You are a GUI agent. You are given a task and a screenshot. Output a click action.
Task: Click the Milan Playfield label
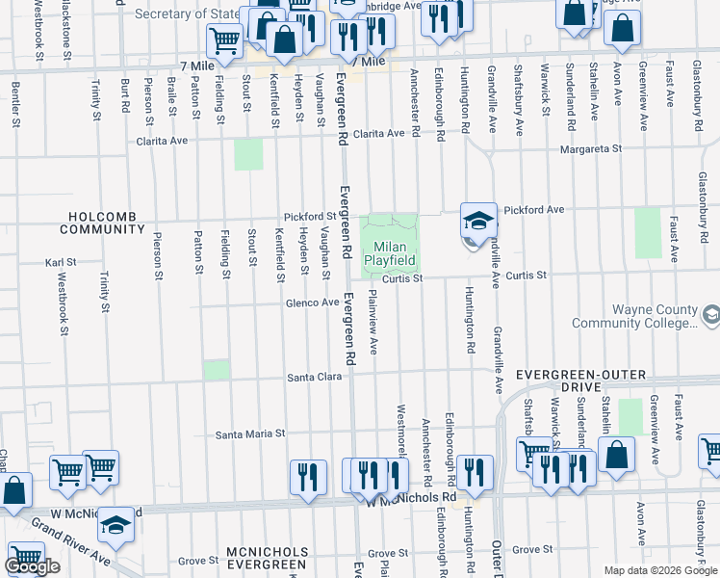pyautogui.click(x=390, y=253)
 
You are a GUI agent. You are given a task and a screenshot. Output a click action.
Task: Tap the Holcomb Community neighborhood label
pyautogui.click(x=101, y=223)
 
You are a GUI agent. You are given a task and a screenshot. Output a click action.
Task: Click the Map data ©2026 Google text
pyautogui.click(x=660, y=570)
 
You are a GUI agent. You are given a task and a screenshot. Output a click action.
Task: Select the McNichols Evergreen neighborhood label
pyautogui.click(x=268, y=559)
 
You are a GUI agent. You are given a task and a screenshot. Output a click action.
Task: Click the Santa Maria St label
pyautogui.click(x=250, y=433)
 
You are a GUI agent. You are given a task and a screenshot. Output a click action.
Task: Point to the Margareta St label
pyautogui.click(x=592, y=149)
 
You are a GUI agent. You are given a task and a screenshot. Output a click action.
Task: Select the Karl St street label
pyautogui.click(x=61, y=262)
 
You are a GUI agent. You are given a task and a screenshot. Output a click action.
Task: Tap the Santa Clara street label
pyautogui.click(x=314, y=378)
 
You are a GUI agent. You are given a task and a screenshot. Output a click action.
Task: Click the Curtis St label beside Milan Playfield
pyautogui.click(x=401, y=278)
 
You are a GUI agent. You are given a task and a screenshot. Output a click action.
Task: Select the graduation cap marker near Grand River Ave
pyautogui.click(x=116, y=525)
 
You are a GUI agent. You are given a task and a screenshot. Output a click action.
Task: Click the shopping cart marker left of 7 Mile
pyautogui.click(x=224, y=40)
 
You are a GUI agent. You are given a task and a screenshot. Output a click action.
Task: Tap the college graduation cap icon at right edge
pyautogui.click(x=710, y=314)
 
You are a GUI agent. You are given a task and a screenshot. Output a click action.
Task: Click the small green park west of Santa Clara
pyautogui.click(x=217, y=370)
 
